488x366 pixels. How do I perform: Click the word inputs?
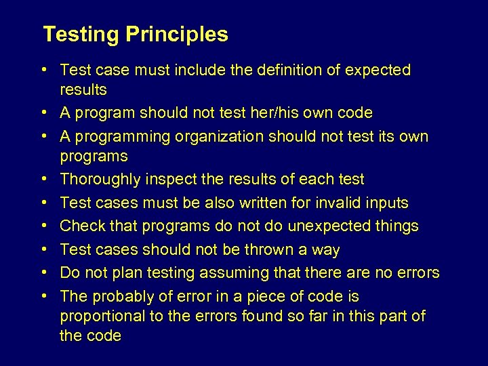pyautogui.click(x=385, y=203)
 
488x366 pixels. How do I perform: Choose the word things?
pyautogui.click(x=396, y=226)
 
